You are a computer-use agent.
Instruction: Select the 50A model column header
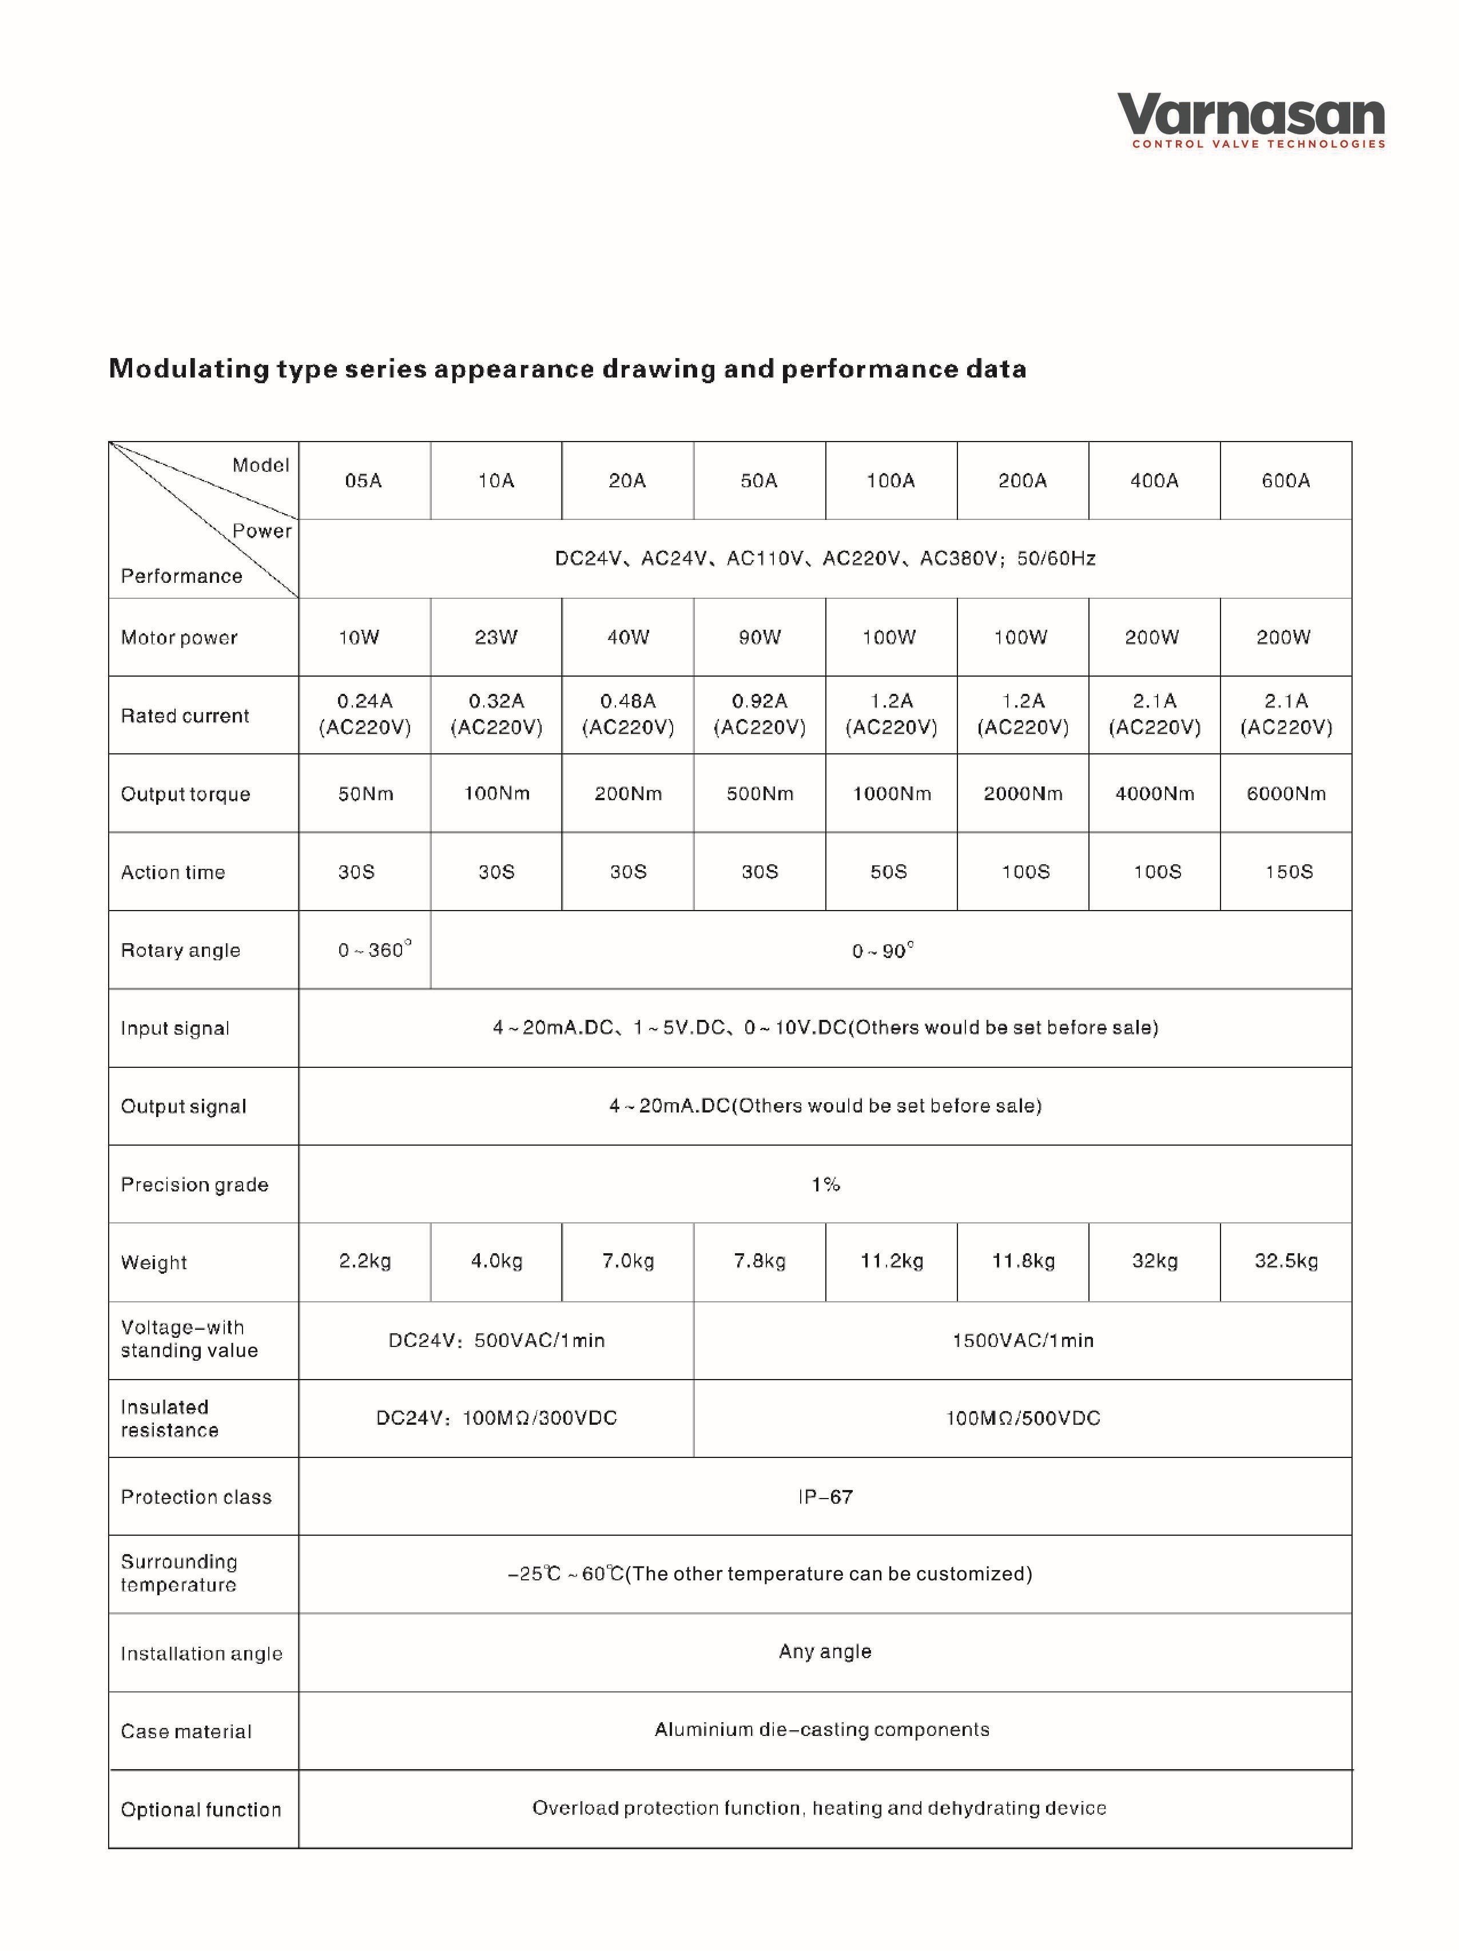click(x=758, y=480)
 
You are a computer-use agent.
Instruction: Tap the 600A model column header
click(x=1285, y=480)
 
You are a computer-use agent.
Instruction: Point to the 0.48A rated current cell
click(x=628, y=714)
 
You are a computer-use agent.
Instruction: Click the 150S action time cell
click(x=1288, y=872)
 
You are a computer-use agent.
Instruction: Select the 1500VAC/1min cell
click(x=1023, y=1341)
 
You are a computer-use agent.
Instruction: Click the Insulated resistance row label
click(x=169, y=1418)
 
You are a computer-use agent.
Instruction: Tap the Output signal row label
click(x=184, y=1107)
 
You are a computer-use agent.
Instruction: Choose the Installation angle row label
click(x=201, y=1654)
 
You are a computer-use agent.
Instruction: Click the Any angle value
click(x=825, y=1652)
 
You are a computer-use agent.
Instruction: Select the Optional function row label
click(x=200, y=1810)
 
